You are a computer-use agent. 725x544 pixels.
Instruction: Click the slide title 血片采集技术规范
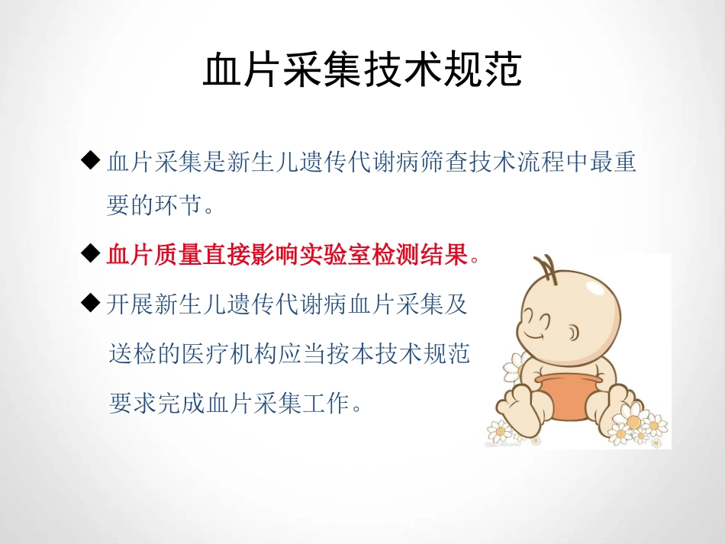click(362, 71)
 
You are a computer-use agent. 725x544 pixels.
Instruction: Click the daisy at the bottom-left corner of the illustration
click(499, 431)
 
